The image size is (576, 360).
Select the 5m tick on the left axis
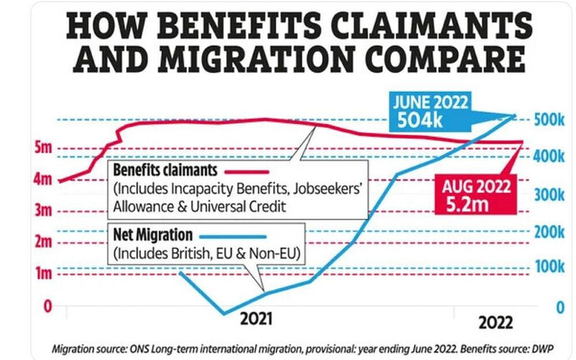(41, 149)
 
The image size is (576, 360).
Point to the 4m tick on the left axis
(41, 179)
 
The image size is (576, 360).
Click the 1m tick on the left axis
(41, 273)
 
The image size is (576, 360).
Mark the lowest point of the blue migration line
(223, 314)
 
